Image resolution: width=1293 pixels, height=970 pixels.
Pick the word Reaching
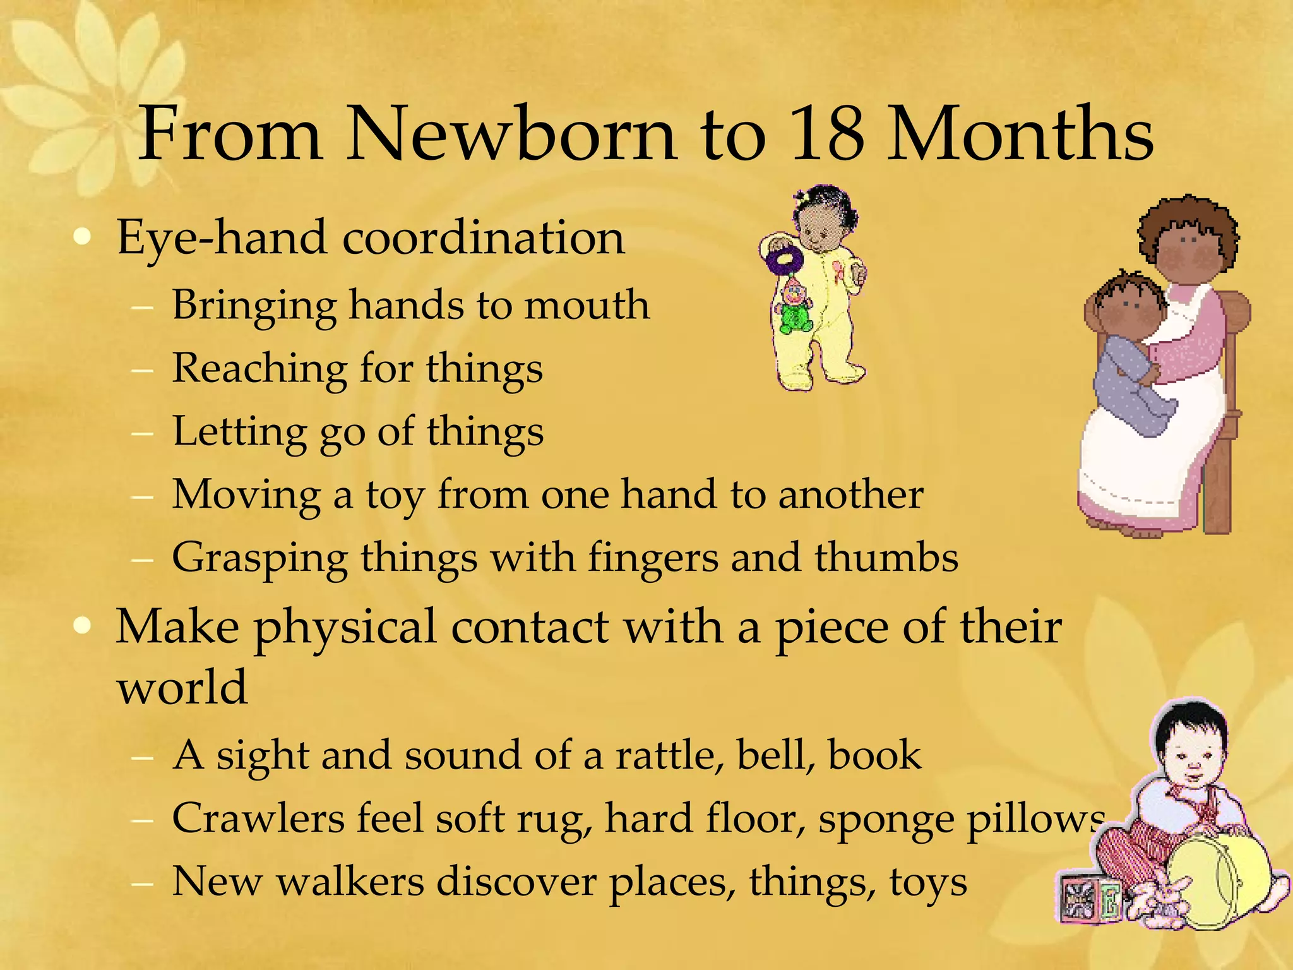[259, 369]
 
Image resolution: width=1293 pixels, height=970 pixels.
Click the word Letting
[239, 433]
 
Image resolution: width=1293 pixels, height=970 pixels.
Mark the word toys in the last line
[928, 883]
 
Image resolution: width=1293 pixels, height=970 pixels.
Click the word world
[182, 688]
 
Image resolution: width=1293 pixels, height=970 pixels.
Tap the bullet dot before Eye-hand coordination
[82, 238]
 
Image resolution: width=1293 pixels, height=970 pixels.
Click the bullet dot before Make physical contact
[82, 626]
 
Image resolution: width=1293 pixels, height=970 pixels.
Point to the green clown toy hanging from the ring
[792, 309]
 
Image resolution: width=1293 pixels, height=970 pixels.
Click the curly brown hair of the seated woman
[1188, 221]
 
